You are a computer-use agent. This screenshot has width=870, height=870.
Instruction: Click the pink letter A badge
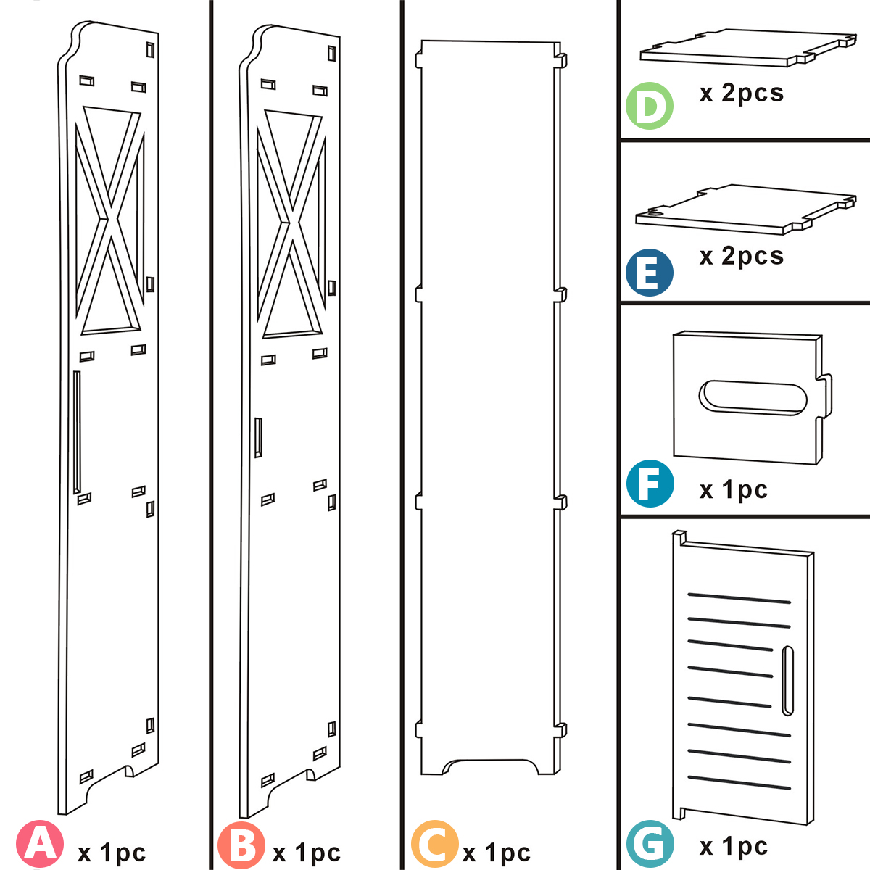tap(41, 843)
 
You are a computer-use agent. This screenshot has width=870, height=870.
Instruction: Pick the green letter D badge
tap(649, 107)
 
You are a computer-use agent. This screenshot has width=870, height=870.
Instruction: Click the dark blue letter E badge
tap(649, 273)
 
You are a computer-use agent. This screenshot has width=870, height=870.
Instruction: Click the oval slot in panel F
tap(753, 397)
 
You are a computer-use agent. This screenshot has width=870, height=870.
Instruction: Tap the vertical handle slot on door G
tap(787, 681)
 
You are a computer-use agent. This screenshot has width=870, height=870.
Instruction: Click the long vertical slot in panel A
tap(77, 432)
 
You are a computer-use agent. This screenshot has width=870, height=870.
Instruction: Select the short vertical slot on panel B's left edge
tap(258, 438)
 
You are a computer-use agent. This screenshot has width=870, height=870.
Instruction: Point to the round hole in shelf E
tap(655, 213)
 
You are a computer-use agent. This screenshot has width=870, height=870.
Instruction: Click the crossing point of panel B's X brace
tap(290, 220)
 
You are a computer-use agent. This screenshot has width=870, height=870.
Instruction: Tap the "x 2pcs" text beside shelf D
tap(741, 94)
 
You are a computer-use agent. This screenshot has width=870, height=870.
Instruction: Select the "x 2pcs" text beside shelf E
tap(741, 257)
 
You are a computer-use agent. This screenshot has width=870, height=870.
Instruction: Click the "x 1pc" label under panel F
tap(733, 491)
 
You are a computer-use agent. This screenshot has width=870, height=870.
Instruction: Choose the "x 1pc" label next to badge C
tap(497, 853)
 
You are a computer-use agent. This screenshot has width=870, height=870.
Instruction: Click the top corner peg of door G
tap(679, 537)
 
